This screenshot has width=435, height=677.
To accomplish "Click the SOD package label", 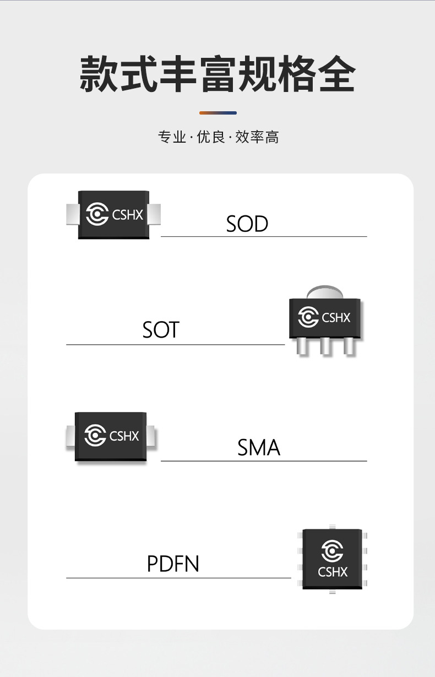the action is (x=247, y=224).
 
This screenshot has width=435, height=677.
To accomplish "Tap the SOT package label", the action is (x=161, y=330).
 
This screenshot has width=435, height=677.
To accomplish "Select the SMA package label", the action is (x=259, y=447).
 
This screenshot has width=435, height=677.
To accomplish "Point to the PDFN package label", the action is (x=173, y=564).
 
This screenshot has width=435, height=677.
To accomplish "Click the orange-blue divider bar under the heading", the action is (x=218, y=113).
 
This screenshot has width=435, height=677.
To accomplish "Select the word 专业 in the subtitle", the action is (x=172, y=137).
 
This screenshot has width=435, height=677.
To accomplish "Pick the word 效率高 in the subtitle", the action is (x=257, y=137).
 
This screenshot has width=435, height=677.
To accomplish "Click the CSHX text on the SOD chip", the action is (x=127, y=215).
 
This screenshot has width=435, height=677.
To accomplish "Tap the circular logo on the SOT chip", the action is (x=308, y=317).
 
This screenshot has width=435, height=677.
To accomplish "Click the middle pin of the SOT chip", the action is (x=325, y=346).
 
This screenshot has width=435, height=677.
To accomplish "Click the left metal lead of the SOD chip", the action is (x=72, y=214).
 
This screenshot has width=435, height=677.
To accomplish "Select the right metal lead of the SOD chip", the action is (x=155, y=214).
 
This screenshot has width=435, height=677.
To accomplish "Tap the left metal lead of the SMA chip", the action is (x=70, y=437).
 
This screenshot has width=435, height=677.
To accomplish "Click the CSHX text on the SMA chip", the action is (x=124, y=436).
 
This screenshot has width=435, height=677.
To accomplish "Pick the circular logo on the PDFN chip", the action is (x=332, y=551).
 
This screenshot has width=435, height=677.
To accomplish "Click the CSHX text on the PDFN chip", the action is (x=333, y=572).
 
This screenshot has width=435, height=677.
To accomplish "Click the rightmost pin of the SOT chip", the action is (x=349, y=346).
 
